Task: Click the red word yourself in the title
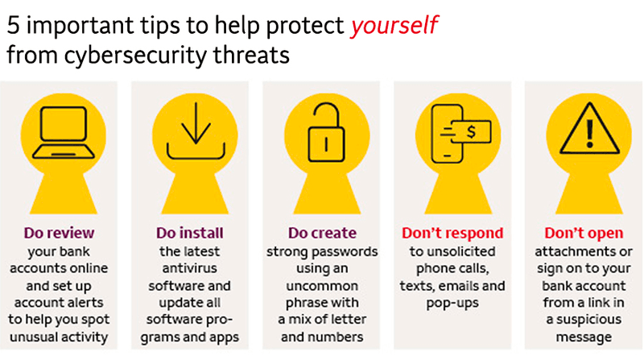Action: coord(394,26)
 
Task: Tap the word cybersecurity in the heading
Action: coord(135,56)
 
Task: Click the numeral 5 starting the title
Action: coord(13,26)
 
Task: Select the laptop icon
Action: coord(64,132)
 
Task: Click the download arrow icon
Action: coord(196,130)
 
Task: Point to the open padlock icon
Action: coord(327,132)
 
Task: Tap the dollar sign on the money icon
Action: coord(471,132)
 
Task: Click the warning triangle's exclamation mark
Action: coord(590,134)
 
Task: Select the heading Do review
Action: coord(59,233)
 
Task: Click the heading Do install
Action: coord(190,233)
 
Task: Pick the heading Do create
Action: coord(322,233)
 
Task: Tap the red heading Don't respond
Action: coord(452,233)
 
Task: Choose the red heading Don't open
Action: coord(584,233)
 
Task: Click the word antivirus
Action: coord(189,268)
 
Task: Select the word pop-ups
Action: coord(452,304)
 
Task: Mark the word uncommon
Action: coord(322,286)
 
